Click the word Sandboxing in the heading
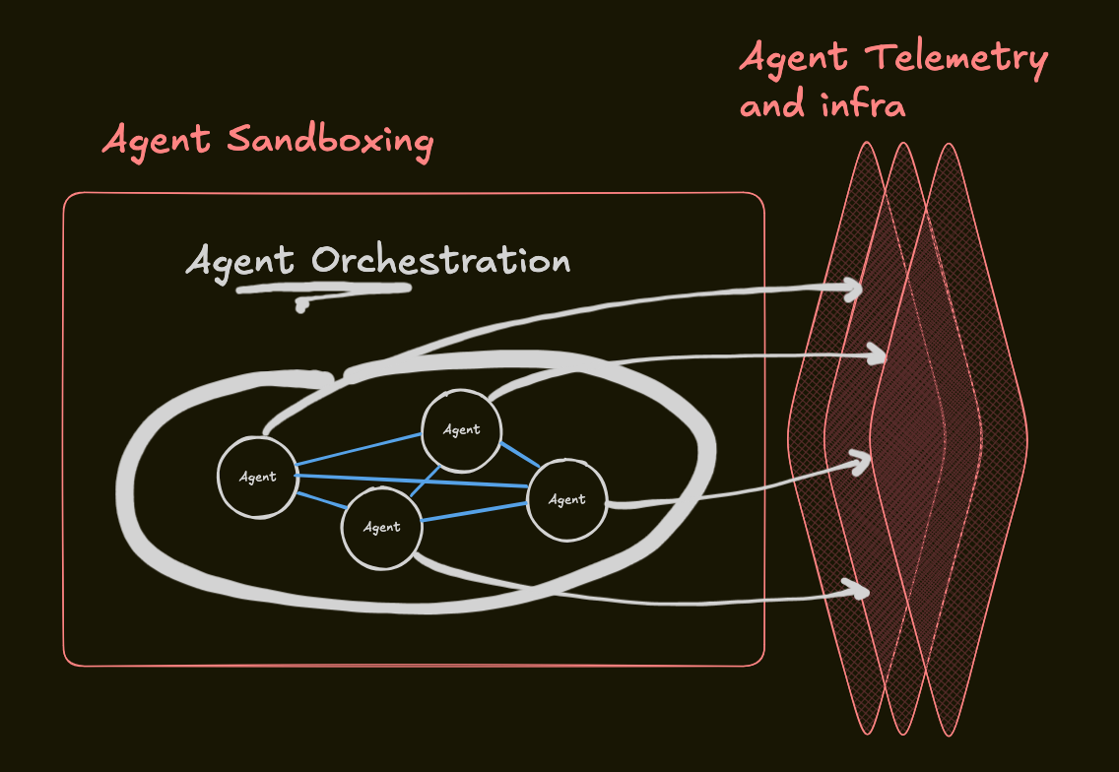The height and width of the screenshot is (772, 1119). [x=330, y=141]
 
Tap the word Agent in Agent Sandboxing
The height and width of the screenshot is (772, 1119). [x=156, y=141]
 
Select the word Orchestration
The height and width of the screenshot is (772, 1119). [x=440, y=261]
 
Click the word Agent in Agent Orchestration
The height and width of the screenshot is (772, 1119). [x=239, y=262]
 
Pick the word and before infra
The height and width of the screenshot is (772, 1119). [x=773, y=103]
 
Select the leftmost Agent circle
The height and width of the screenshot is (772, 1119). [x=257, y=477]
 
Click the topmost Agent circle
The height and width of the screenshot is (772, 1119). [x=461, y=429]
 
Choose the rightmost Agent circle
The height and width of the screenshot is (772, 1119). [x=566, y=499]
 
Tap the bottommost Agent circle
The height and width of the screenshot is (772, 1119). [x=382, y=527]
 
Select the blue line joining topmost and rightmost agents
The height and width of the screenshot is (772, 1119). [x=516, y=456]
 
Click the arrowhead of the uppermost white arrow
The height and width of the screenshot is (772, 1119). [x=852, y=289]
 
